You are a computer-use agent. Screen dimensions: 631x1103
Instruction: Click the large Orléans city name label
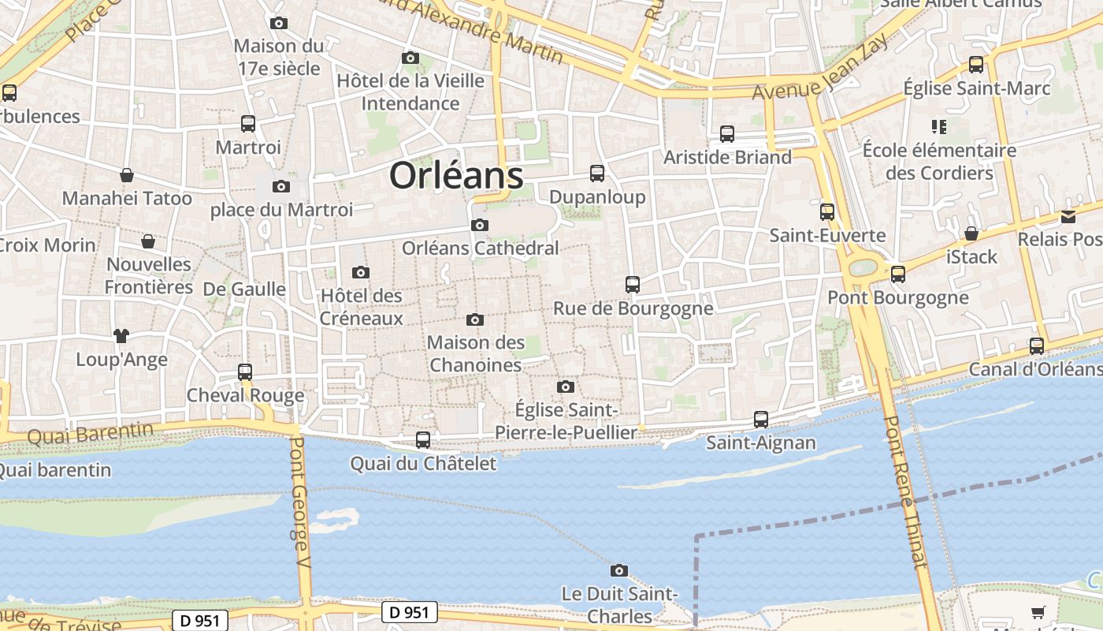point(456,175)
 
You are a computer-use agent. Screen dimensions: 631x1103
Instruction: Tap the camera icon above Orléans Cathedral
point(479,226)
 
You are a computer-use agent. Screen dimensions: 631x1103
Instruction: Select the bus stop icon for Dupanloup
point(597,174)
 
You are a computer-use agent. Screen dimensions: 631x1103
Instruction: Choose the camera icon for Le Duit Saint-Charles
point(619,570)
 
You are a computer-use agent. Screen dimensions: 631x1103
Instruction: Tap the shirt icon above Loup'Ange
point(121,336)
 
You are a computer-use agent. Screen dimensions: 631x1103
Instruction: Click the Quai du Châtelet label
point(423,463)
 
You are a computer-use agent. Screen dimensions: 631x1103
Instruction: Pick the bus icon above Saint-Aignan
point(760,420)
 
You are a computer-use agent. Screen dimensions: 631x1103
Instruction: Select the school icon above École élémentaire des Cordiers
point(938,126)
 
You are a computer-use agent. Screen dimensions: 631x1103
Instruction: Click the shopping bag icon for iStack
point(971,233)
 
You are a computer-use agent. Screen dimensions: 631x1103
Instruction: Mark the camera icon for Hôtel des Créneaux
point(361,273)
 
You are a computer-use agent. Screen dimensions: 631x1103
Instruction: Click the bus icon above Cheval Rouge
point(245,372)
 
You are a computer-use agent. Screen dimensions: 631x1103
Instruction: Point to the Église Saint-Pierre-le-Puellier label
point(565,421)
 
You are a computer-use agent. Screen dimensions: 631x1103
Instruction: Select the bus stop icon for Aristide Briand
point(727,134)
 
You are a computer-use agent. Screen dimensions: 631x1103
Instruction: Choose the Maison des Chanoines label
point(476,353)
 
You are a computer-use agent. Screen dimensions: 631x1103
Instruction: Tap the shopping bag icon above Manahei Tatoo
point(127,175)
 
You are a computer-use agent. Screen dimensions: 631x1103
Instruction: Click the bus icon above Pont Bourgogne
point(897,274)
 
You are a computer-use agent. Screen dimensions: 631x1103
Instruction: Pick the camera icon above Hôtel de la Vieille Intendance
point(410,58)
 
